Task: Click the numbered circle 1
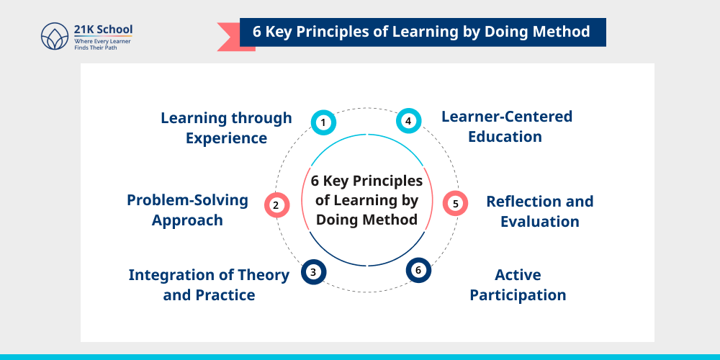pos(323,122)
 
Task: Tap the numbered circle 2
pos(276,205)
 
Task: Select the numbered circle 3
pos(312,271)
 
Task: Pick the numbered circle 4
pos(408,121)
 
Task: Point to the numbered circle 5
pos(455,204)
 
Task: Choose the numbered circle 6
pos(418,270)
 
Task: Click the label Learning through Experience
pos(226,127)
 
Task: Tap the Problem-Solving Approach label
pos(187,210)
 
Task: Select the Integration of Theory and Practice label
pos(209,284)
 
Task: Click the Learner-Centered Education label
pos(506,126)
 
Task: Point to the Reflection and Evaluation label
pos(539,211)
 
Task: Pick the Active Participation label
pos(518,284)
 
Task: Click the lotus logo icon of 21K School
pos(55,37)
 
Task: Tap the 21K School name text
pos(104,30)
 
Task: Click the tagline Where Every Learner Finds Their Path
pos(102,46)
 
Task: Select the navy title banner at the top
pos(422,32)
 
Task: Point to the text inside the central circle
pos(367,200)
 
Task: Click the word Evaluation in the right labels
pos(539,221)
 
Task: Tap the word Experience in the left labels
pos(226,138)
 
